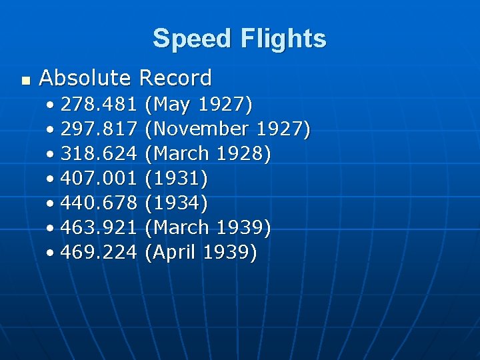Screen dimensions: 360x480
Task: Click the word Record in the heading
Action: tap(175, 78)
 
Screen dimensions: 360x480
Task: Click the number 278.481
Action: tap(99, 105)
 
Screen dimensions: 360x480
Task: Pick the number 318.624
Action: tap(99, 154)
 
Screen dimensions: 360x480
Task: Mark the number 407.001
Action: tap(99, 179)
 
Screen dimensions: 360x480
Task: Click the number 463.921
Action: tap(99, 228)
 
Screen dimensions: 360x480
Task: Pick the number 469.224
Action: tap(99, 253)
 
